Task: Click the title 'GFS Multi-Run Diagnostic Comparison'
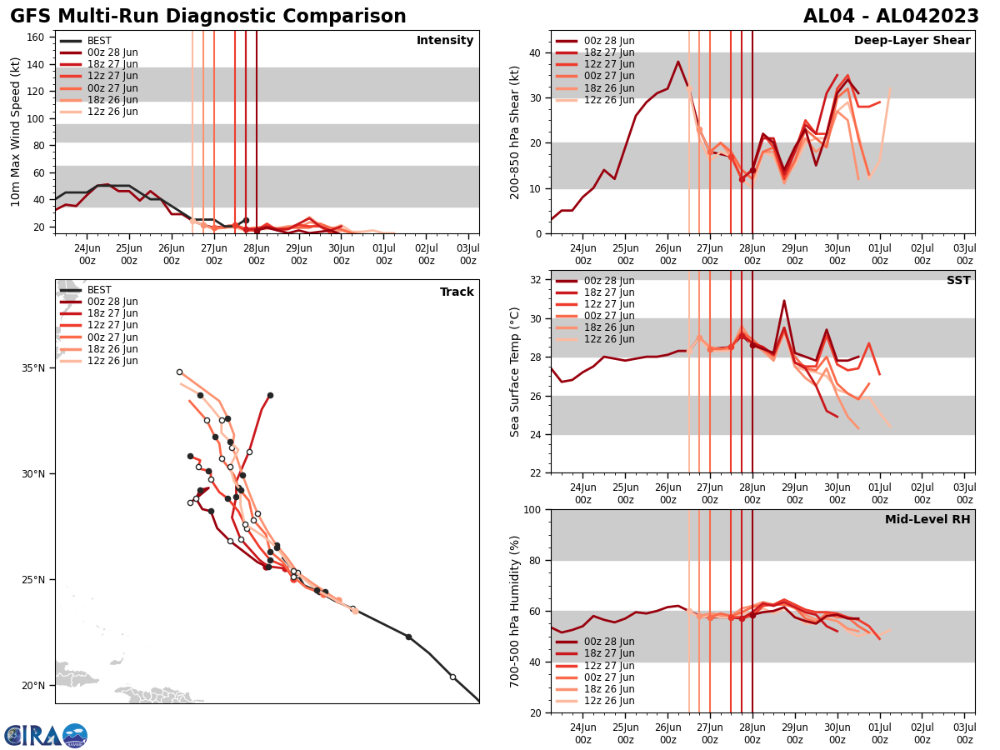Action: tap(208, 17)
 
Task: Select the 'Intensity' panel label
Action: tap(445, 41)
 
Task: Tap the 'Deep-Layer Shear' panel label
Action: tap(912, 41)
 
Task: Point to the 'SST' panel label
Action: tap(958, 281)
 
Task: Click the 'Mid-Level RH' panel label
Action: tap(927, 520)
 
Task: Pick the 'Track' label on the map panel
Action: tap(457, 292)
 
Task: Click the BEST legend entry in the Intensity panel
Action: tap(98, 41)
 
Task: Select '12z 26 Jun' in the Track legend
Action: tap(112, 361)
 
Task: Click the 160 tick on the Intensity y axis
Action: tap(37, 37)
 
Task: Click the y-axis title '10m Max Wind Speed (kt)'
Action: tap(16, 132)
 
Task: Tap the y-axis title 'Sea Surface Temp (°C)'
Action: tap(515, 372)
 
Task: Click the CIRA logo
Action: tap(46, 735)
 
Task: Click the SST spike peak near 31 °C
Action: tap(784, 301)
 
